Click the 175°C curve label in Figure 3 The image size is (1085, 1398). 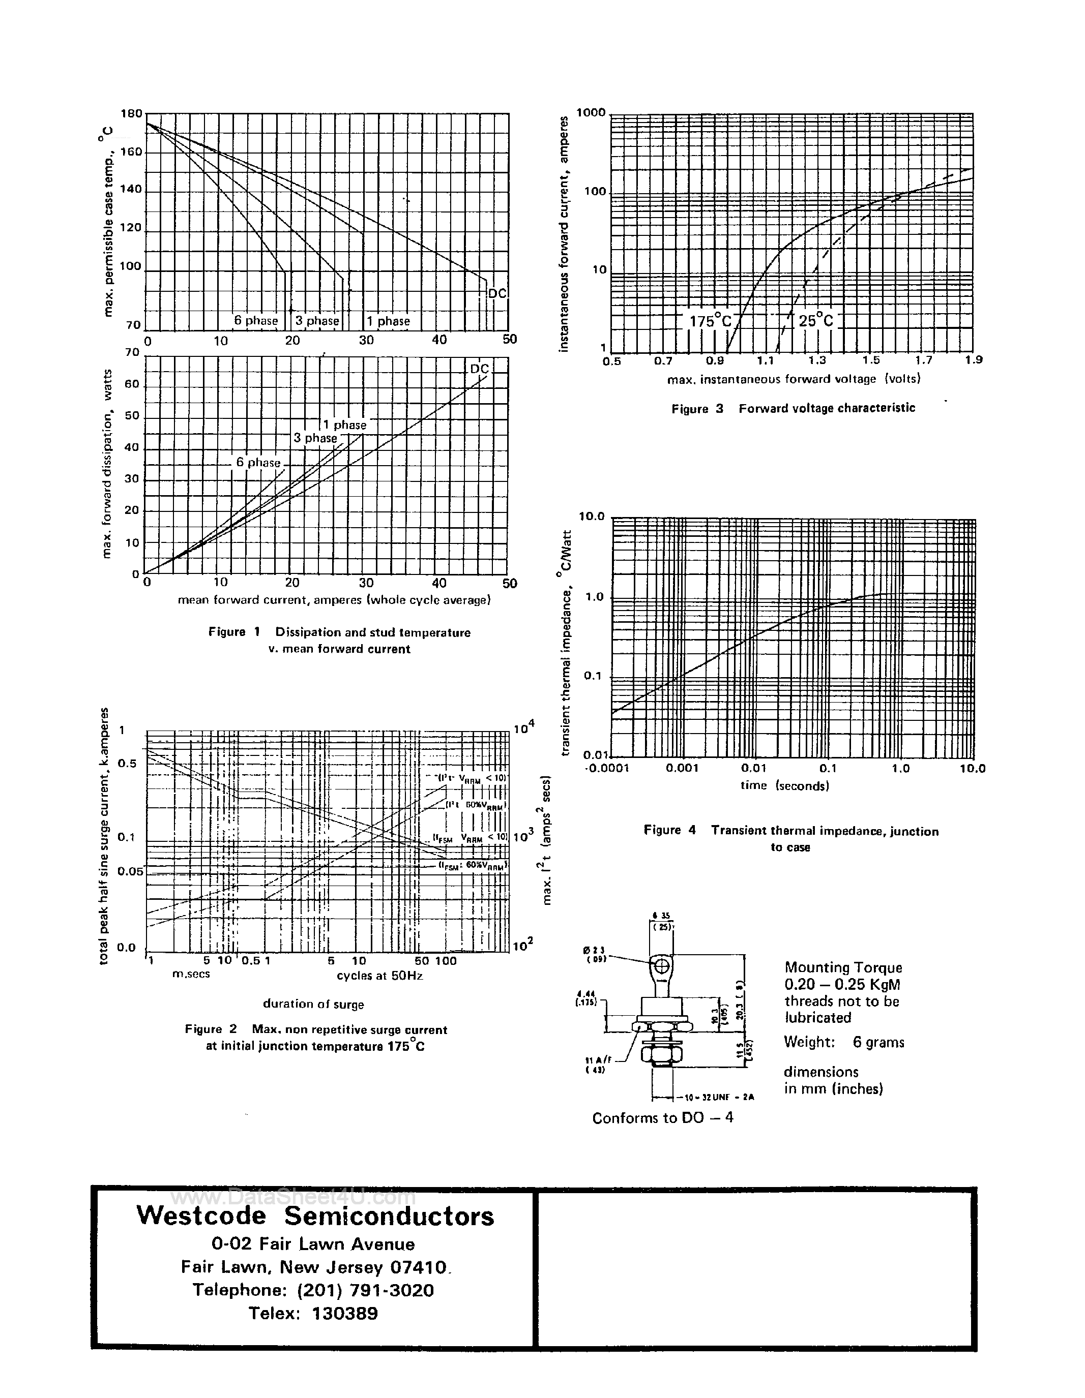710,321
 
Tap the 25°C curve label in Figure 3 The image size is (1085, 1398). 815,321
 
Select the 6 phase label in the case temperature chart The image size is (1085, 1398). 255,321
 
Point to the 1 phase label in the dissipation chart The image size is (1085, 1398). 344,424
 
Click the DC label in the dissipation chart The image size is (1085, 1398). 479,369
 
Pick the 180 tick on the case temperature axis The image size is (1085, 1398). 131,114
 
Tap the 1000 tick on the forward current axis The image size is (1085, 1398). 591,113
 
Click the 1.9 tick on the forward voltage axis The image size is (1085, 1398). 974,360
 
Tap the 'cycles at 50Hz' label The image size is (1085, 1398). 380,976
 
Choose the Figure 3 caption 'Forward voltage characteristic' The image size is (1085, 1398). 826,408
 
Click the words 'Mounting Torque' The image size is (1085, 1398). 843,967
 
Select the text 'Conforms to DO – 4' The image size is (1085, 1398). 662,1117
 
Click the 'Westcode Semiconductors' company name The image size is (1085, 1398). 315,1215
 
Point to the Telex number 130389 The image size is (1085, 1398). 344,1314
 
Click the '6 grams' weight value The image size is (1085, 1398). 878,1042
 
